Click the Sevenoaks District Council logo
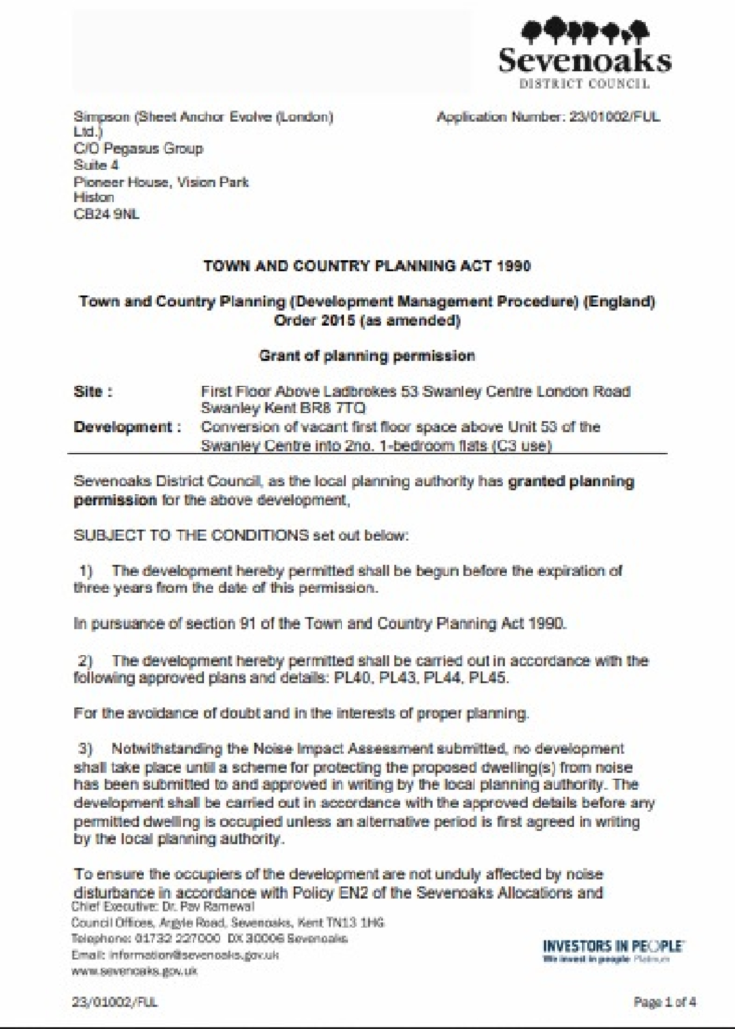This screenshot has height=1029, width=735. pyautogui.click(x=585, y=53)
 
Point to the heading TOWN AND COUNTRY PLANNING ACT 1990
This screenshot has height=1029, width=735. pyautogui.click(x=367, y=266)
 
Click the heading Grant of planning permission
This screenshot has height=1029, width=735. pyautogui.click(x=367, y=356)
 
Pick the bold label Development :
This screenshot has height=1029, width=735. pyautogui.click(x=127, y=427)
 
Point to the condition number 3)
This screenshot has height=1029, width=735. pyautogui.click(x=86, y=749)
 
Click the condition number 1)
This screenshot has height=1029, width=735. pyautogui.click(x=86, y=571)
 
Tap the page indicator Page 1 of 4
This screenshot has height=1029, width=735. pyautogui.click(x=664, y=1002)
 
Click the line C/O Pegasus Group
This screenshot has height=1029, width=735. pyautogui.click(x=139, y=148)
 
